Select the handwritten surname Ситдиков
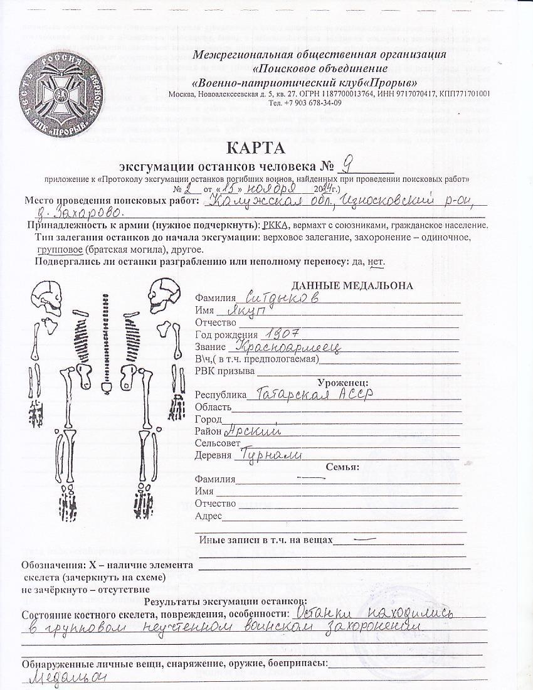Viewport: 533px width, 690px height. click(274, 297)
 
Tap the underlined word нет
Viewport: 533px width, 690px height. click(374, 261)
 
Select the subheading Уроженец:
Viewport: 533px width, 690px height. click(343, 382)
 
